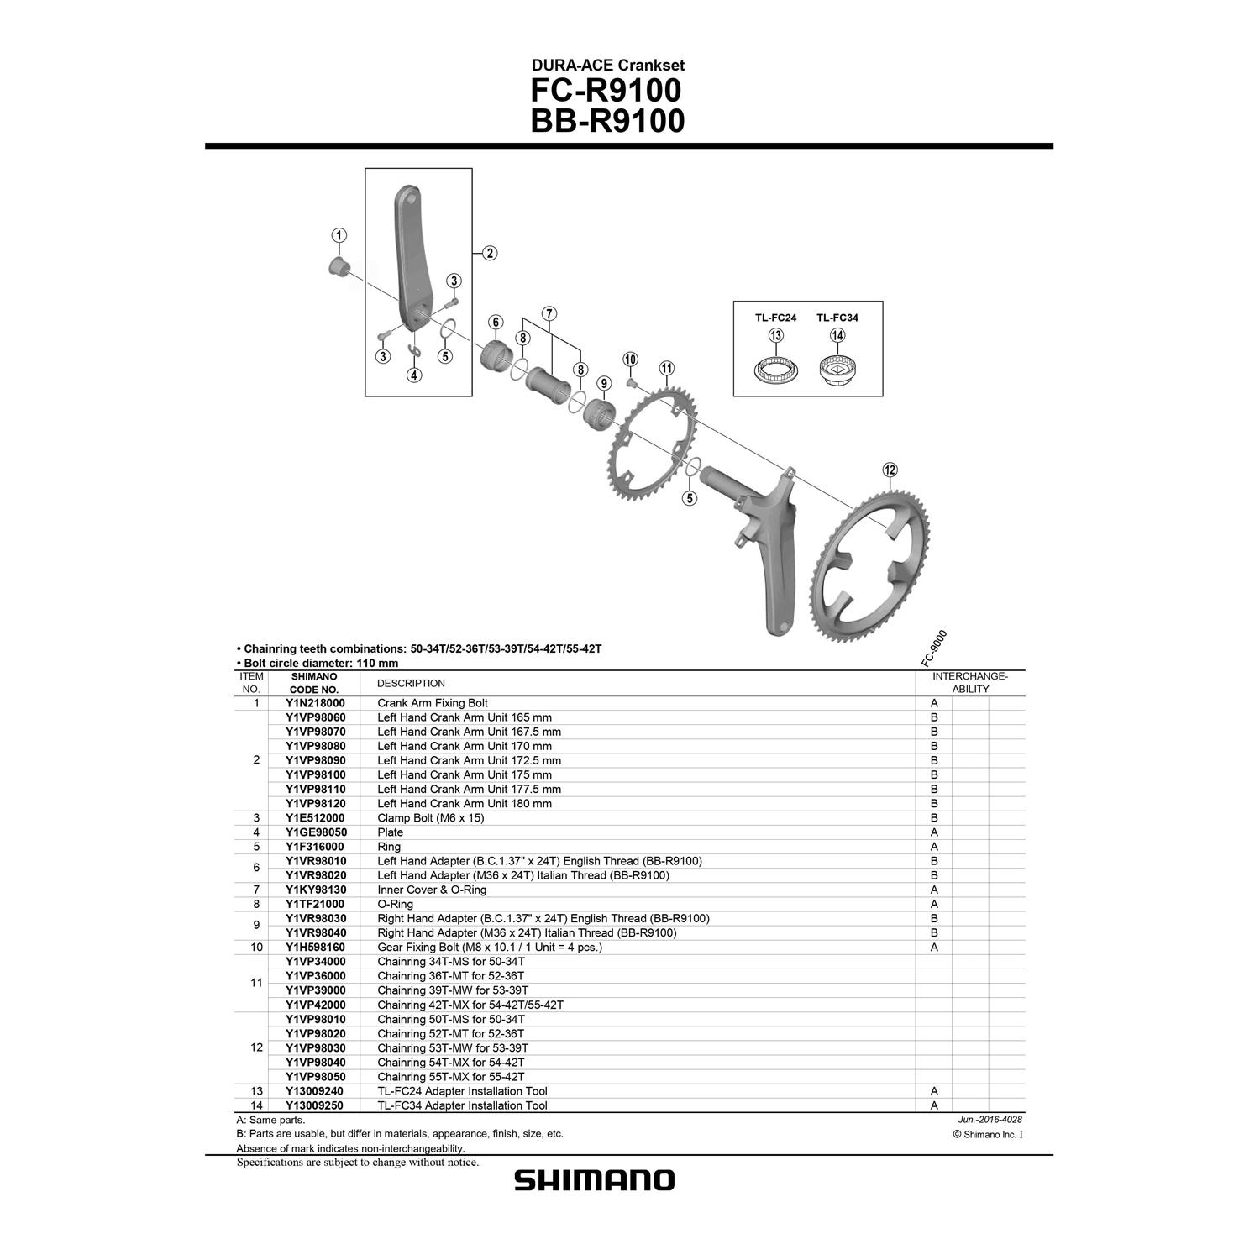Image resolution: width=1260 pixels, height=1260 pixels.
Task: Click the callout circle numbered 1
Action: click(339, 235)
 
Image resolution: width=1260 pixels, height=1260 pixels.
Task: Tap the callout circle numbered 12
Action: click(890, 470)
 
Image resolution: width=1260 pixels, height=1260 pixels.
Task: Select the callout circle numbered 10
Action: click(630, 360)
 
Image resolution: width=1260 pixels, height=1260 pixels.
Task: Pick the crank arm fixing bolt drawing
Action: click(339, 267)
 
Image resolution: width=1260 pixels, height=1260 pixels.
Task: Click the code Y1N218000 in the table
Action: click(315, 703)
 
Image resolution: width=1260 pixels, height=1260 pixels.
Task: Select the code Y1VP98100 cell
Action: click(315, 774)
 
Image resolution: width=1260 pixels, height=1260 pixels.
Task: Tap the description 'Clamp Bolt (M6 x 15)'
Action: click(430, 817)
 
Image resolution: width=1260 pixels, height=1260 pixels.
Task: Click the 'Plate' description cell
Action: click(390, 832)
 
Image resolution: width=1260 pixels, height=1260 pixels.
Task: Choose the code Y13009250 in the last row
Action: click(315, 1105)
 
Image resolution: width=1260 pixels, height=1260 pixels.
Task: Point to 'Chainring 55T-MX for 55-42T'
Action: click(450, 1077)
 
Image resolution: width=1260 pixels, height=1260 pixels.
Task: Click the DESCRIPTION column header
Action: click(411, 683)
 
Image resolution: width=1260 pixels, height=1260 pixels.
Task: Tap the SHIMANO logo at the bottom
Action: click(594, 1180)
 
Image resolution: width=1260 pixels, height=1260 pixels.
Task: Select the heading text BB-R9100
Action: click(607, 121)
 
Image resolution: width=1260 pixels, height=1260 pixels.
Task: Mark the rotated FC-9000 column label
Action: click(933, 648)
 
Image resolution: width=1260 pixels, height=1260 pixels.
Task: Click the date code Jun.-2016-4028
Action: click(990, 1120)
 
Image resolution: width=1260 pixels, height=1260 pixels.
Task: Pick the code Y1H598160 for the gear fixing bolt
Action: click(315, 947)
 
